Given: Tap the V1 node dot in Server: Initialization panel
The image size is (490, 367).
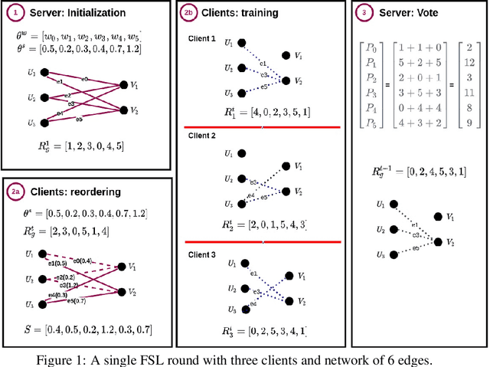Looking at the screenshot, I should point(124,84).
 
